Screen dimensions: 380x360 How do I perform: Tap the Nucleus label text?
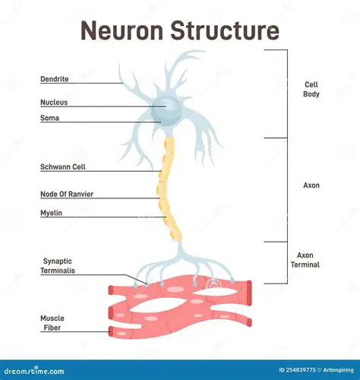[55, 101]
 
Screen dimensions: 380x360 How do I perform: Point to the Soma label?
[49, 118]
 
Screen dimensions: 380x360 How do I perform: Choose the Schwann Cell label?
[62, 166]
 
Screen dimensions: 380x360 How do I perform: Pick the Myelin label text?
[51, 213]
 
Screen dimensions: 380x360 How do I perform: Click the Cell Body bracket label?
[311, 90]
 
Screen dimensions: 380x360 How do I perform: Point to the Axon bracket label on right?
[311, 185]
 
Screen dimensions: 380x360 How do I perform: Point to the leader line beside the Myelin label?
[114, 217]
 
